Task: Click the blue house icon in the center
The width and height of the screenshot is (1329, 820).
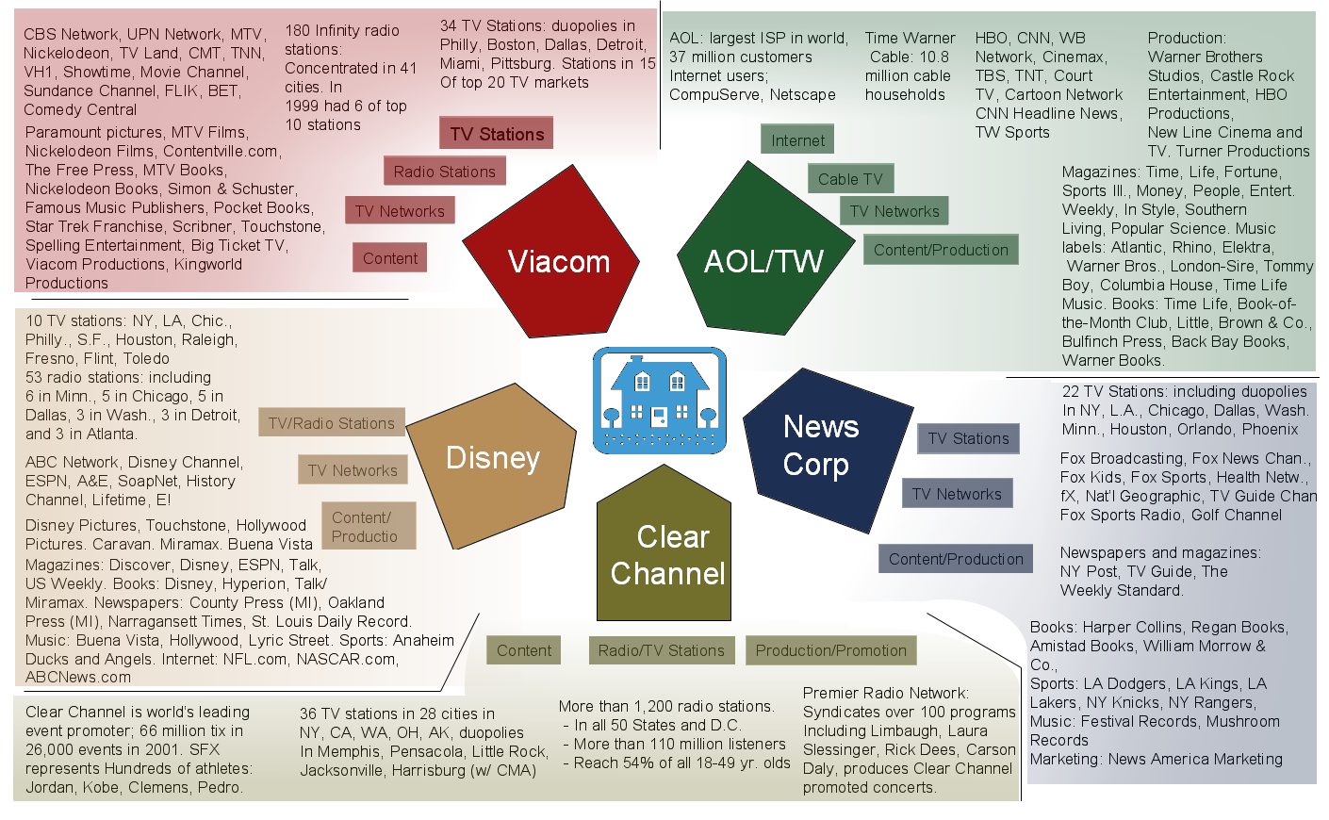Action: tap(659, 400)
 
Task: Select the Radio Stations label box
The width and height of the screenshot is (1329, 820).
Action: tap(444, 172)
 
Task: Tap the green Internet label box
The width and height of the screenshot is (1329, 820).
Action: tap(797, 140)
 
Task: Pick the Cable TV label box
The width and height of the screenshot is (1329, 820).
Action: tap(850, 179)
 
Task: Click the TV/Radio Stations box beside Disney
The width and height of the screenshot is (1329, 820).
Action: tap(332, 423)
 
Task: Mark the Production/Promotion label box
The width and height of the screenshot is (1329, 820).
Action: tap(830, 650)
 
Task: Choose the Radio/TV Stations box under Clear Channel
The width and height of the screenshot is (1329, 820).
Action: tap(661, 650)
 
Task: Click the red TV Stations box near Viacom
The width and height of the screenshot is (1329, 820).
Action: tap(497, 134)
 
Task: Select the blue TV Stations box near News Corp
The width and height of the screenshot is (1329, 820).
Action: tap(968, 438)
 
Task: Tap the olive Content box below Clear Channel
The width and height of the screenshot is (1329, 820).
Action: tap(524, 650)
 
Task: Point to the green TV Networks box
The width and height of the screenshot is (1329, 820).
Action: tap(894, 211)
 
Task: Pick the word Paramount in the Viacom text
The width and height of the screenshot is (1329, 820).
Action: tap(62, 132)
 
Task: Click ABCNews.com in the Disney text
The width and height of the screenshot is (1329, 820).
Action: tap(78, 677)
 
